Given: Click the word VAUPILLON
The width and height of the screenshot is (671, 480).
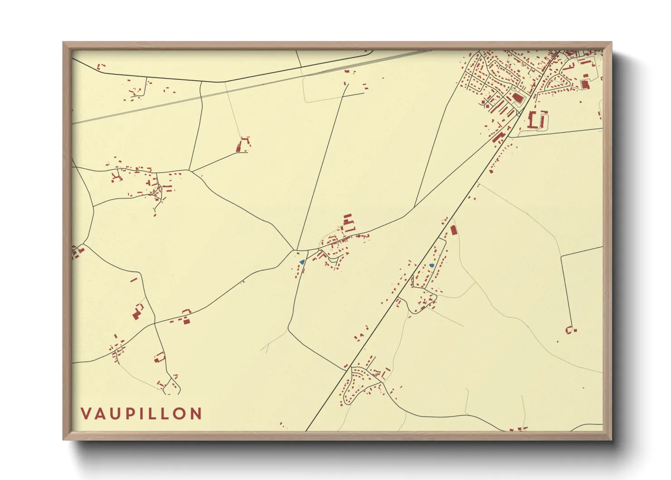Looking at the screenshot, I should [141, 414].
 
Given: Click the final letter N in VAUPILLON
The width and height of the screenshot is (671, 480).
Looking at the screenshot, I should [196, 414].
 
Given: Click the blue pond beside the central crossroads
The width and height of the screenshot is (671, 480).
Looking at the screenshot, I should [302, 262].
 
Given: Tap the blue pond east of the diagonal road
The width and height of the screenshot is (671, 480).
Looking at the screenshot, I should [432, 265].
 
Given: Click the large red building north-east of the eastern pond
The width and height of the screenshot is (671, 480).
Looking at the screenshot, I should [453, 230].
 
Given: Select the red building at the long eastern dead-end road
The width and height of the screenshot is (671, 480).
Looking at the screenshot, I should [569, 330].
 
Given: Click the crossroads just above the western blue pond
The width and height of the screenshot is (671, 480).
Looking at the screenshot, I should [297, 250].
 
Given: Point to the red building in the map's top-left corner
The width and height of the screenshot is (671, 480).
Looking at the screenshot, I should [100, 66].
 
